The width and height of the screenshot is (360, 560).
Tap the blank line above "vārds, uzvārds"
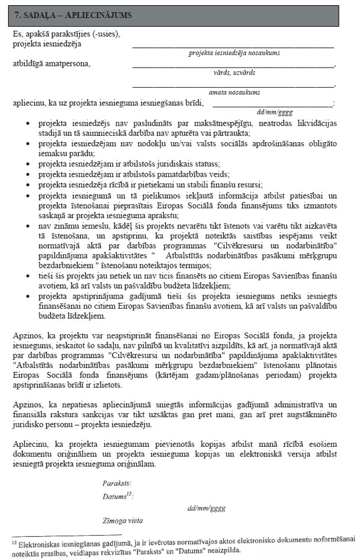[x=233, y=66]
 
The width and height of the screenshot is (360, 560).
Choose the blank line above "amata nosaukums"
[x=233, y=85]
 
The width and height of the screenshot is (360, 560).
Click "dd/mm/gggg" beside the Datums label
[x=206, y=508]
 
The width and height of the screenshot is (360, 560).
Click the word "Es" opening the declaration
[x=17, y=34]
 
